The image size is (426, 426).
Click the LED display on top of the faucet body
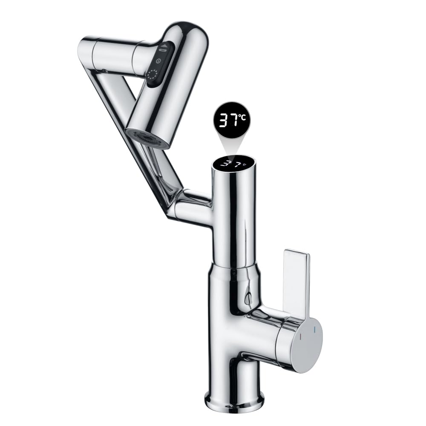(234, 164)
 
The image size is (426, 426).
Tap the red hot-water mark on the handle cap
(300, 337)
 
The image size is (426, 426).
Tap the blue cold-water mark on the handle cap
(314, 330)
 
